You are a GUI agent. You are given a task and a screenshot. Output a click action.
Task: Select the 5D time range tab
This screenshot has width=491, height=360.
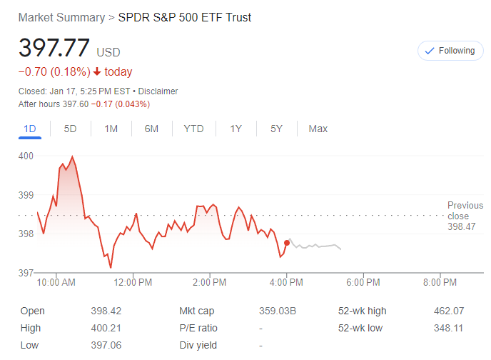click(70, 129)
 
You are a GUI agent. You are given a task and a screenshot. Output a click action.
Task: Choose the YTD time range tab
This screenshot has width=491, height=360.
click(193, 129)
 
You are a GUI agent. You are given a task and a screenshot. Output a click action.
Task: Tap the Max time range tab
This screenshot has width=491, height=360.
click(318, 129)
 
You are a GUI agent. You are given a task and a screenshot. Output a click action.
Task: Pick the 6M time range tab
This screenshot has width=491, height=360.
click(151, 129)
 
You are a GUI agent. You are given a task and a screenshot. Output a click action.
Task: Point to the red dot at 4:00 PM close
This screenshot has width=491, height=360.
click(287, 243)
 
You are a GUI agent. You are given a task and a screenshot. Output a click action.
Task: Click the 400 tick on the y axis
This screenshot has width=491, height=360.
click(26, 156)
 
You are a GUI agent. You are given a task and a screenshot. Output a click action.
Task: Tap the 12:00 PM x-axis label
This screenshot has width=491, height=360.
click(133, 282)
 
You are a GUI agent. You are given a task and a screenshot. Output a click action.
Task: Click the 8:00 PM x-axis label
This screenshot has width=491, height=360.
click(440, 282)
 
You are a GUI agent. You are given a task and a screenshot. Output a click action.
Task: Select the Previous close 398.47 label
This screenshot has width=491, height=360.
click(465, 216)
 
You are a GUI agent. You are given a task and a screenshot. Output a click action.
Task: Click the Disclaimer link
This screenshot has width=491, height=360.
click(158, 91)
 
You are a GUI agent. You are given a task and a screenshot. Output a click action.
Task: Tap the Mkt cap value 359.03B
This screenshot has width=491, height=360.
click(277, 311)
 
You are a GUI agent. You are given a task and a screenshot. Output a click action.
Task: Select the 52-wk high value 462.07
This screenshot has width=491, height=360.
click(448, 311)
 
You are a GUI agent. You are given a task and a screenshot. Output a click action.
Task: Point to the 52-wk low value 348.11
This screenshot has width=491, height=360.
click(448, 329)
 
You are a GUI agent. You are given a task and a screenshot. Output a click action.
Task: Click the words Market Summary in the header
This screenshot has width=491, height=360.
click(60, 17)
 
